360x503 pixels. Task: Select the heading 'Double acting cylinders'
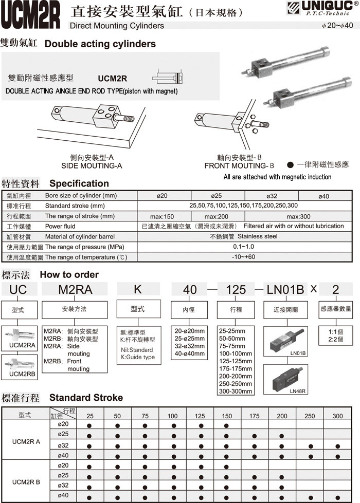pyautogui.click(x=100, y=44)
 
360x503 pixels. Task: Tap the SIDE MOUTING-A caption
pyautogui.click(x=92, y=166)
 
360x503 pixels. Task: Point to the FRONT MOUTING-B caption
pyautogui.click(x=240, y=166)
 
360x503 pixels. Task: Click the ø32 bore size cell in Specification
pyautogui.click(x=271, y=196)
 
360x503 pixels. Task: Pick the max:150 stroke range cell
pyautogui.click(x=162, y=216)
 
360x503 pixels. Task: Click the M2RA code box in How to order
pyautogui.click(x=75, y=289)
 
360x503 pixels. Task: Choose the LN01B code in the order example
pyautogui.click(x=285, y=289)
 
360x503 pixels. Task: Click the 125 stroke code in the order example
pyautogui.click(x=236, y=289)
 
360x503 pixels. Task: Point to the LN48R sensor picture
pyautogui.click(x=285, y=379)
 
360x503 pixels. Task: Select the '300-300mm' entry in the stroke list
pyautogui.click(x=236, y=392)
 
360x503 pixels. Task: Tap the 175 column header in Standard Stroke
pyautogui.click(x=255, y=416)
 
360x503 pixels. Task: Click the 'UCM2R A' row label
pyautogui.click(x=26, y=441)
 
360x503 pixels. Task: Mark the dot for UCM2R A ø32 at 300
pyautogui.click(x=337, y=445)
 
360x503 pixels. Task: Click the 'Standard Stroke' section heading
pyautogui.click(x=86, y=398)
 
